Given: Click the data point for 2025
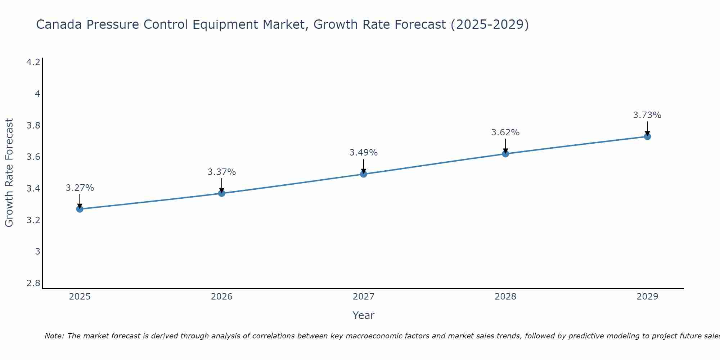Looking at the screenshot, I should [80, 209].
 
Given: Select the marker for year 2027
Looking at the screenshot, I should [364, 174].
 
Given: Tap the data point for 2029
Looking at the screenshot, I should [647, 136].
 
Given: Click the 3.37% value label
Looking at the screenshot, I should [221, 172].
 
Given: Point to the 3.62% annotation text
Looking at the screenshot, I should [505, 132].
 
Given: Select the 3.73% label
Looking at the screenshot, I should [647, 115].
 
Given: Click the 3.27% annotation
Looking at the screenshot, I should [80, 188].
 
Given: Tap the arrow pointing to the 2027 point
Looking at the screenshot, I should [364, 166].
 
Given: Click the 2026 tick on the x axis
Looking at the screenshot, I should [221, 297].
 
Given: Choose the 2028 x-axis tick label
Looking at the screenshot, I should [505, 297].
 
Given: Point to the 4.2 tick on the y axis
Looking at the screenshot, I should [33, 62].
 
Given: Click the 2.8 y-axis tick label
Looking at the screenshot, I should [33, 283].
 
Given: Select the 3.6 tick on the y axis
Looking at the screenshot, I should [33, 157].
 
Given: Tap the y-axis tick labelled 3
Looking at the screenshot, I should [37, 252].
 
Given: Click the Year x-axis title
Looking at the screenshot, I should [363, 315].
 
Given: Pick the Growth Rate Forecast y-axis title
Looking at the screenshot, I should [9, 173].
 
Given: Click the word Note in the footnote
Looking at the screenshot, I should [54, 336].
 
